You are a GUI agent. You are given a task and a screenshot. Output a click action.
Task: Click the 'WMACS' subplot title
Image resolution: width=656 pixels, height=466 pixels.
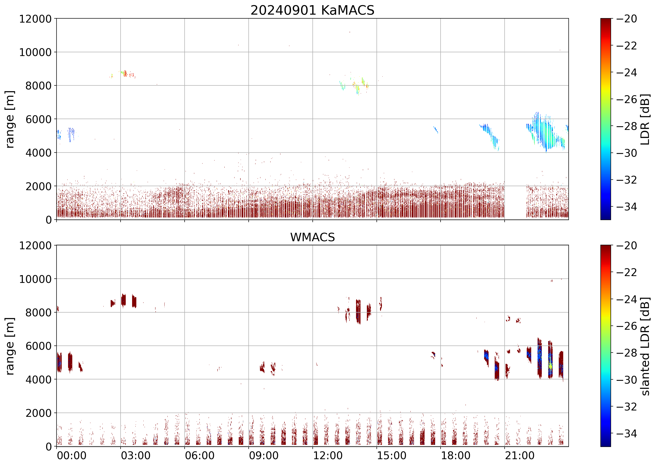[x=312, y=237]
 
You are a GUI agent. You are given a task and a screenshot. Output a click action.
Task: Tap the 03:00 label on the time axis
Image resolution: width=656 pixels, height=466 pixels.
[x=135, y=455]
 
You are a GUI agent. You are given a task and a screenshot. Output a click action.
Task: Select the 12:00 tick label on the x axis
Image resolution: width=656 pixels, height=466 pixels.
[x=328, y=455]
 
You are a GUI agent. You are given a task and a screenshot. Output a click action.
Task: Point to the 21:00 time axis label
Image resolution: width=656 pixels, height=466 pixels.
[x=520, y=455]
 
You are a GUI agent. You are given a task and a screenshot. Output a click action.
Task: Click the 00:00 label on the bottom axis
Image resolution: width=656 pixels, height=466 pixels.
[x=72, y=455]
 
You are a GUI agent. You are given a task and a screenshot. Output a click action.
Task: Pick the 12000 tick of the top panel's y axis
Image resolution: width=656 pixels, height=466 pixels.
[x=35, y=19]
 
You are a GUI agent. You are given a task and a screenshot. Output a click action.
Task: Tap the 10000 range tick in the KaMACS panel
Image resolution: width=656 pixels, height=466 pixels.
[x=35, y=52]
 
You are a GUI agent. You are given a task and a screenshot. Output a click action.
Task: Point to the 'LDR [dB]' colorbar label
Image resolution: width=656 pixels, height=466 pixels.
[x=645, y=119]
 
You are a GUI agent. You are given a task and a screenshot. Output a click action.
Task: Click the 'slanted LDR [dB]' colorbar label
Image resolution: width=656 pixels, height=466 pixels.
[x=645, y=346]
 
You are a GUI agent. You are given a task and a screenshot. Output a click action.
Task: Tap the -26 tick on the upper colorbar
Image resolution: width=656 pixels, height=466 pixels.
[x=626, y=99]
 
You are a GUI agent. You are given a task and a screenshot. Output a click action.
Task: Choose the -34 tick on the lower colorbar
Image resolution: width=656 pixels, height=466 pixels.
[x=626, y=434]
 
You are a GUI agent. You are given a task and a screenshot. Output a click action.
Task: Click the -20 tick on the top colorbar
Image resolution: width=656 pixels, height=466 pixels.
[x=626, y=19]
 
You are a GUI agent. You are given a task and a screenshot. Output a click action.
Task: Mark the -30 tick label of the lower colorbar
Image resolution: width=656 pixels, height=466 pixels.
[x=626, y=380]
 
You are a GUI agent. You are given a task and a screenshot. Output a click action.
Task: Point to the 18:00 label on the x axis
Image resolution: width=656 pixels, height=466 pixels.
[x=456, y=455]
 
